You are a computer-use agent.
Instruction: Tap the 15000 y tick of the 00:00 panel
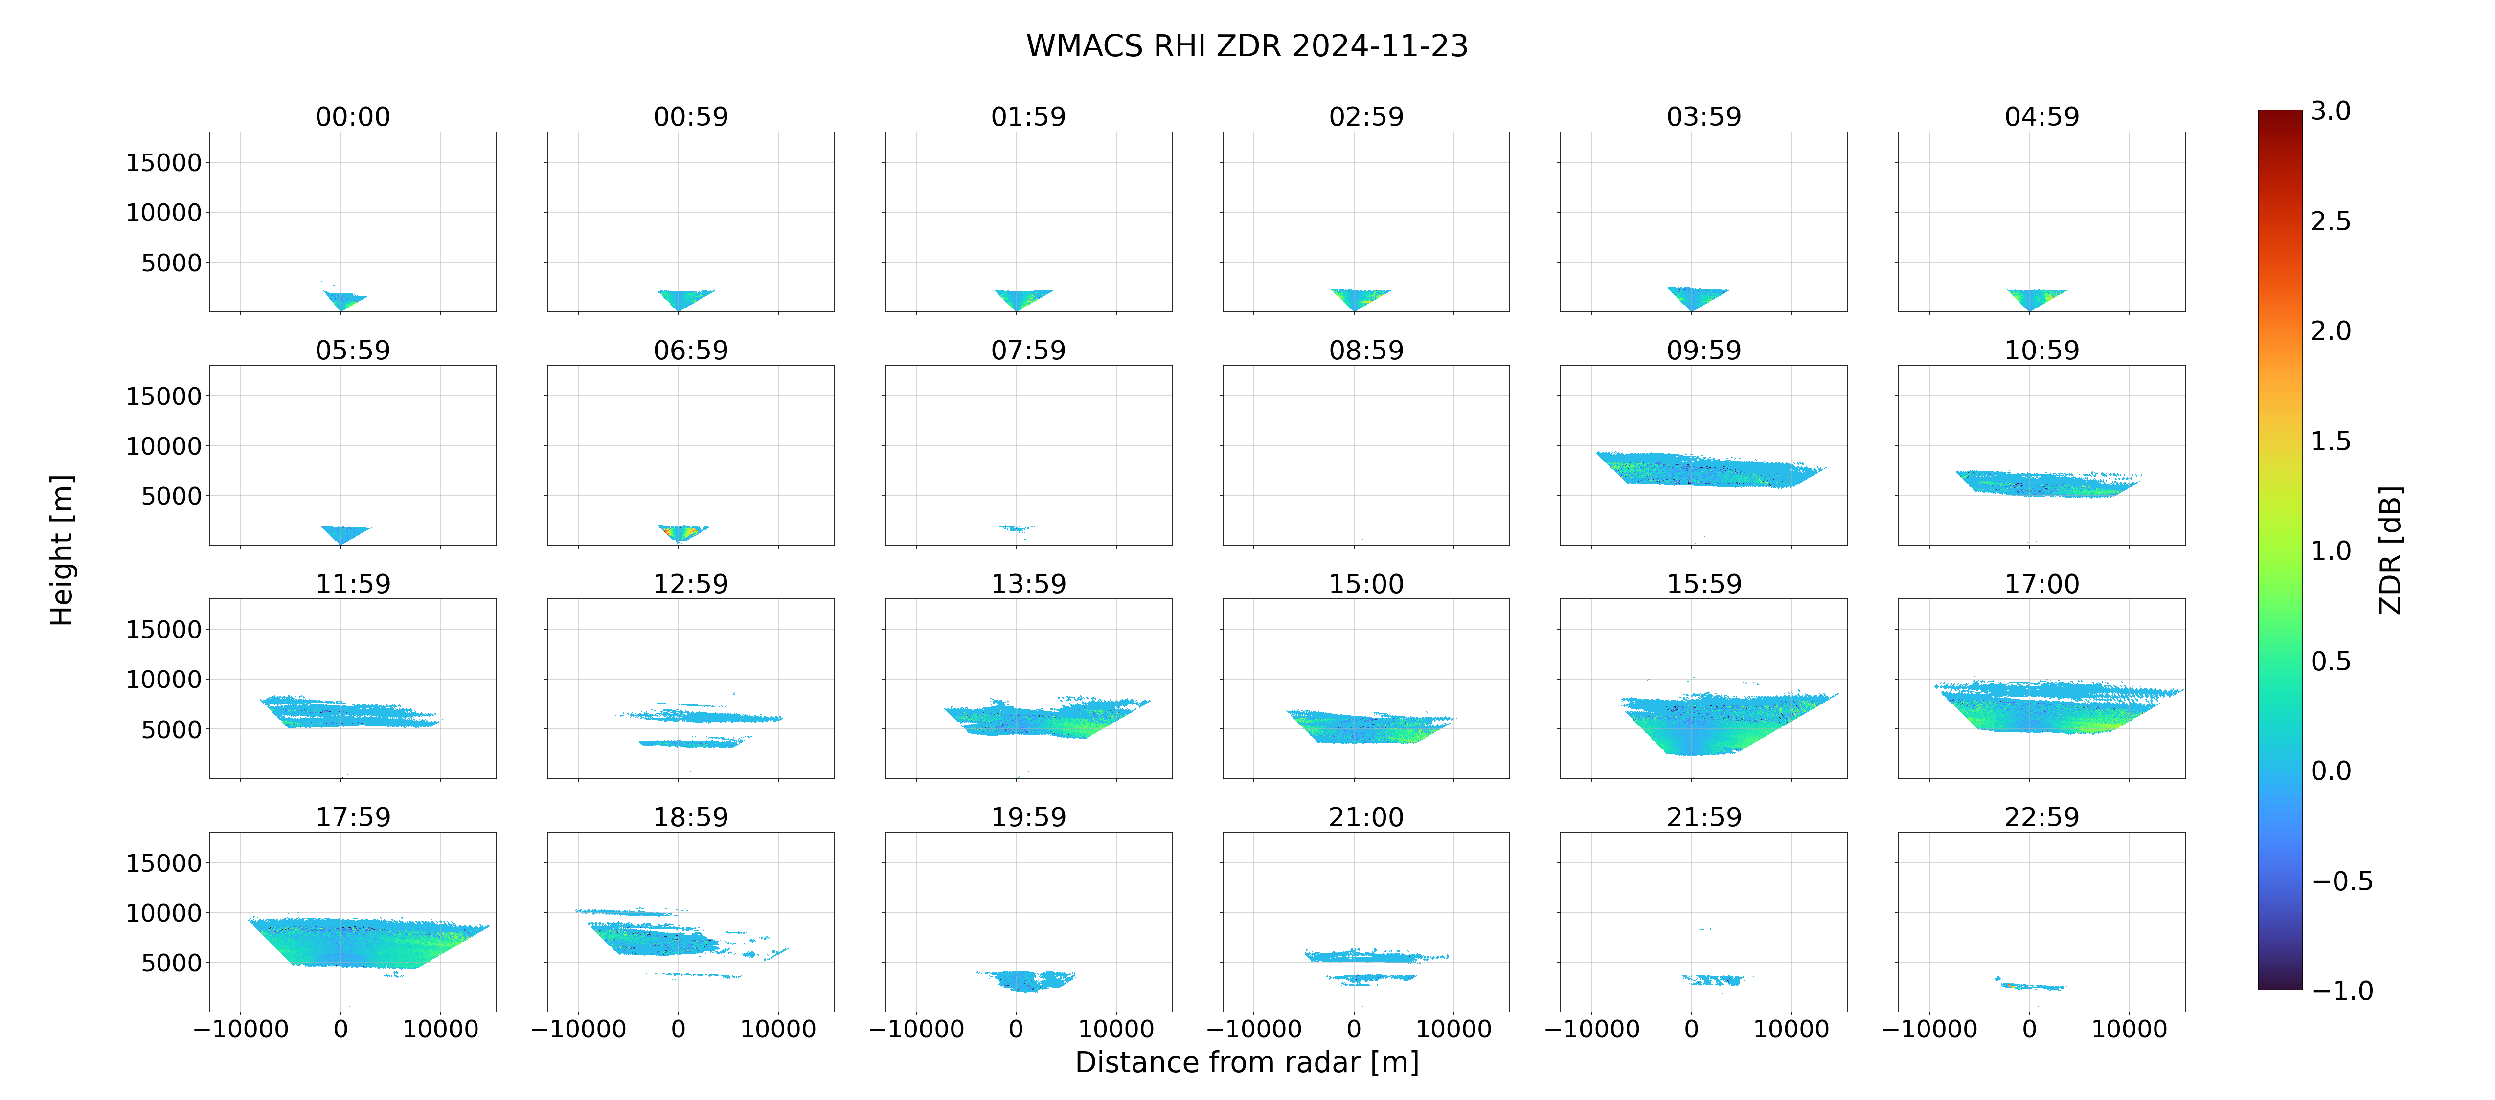[164, 163]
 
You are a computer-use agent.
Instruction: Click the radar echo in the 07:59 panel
[1017, 528]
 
